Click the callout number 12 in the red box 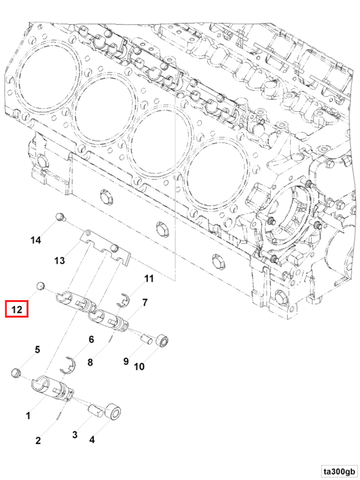click(x=17, y=310)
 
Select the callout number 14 click(x=36, y=240)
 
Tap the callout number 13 click(x=59, y=260)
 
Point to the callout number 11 click(x=149, y=278)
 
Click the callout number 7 click(x=145, y=302)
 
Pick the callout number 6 click(x=91, y=339)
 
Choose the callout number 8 click(x=90, y=362)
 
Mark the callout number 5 click(x=37, y=349)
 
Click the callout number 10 click(x=139, y=366)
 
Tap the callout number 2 click(x=38, y=441)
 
